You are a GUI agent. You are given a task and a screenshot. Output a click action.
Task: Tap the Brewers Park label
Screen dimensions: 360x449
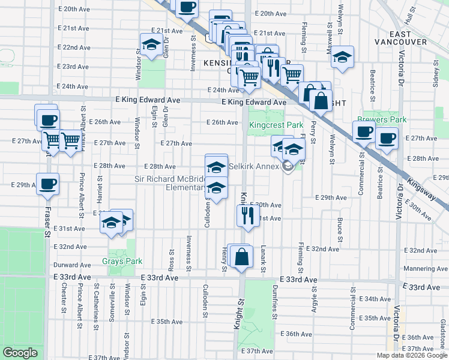point(381,119)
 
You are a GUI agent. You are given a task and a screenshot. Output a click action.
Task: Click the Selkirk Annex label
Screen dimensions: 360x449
point(251,166)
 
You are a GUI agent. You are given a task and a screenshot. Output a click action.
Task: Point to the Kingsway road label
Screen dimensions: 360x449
point(428,191)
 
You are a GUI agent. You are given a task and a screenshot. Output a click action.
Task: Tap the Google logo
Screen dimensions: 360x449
point(20,353)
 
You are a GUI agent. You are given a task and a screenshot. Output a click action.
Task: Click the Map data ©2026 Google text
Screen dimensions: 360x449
point(412,355)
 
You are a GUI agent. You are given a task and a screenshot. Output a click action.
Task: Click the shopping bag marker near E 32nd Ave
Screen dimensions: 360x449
point(241,256)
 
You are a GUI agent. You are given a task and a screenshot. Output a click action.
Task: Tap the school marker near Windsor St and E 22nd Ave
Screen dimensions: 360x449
point(150,44)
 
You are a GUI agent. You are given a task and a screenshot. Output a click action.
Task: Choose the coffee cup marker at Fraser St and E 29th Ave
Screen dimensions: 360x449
point(47,183)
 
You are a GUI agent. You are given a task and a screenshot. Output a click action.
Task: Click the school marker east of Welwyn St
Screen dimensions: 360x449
point(343,58)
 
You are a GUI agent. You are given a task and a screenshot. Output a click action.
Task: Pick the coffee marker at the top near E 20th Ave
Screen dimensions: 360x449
point(187,7)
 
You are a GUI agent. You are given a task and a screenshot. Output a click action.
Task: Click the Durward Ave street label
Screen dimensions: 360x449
point(72,265)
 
